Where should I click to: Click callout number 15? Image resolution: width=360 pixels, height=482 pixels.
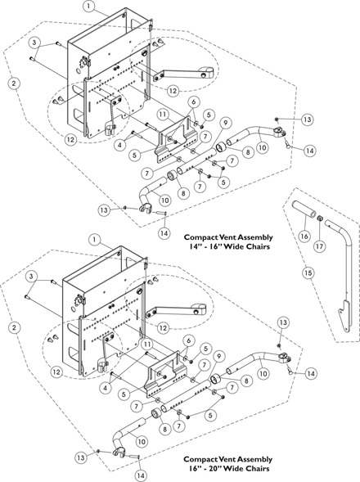(308, 273)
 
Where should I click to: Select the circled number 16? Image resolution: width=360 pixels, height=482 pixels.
(304, 236)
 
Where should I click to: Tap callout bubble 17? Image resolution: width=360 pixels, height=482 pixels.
(320, 246)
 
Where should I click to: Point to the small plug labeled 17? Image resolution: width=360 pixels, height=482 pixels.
(320, 218)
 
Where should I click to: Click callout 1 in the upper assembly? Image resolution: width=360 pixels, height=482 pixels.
(89, 7)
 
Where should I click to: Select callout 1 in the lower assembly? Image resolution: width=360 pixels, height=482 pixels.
(95, 240)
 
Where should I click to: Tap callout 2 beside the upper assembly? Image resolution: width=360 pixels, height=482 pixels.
(15, 83)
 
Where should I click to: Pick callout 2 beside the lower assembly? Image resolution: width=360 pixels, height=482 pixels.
(14, 327)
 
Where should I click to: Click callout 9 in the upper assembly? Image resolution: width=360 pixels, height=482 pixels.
(226, 123)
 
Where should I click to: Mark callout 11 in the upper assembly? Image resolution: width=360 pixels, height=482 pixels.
(164, 115)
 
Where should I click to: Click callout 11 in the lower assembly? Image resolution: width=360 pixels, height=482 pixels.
(148, 344)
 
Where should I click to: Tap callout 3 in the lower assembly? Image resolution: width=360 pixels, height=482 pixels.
(31, 277)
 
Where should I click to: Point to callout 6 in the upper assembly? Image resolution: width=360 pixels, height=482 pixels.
(194, 101)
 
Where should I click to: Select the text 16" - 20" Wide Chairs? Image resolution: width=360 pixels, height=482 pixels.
(229, 468)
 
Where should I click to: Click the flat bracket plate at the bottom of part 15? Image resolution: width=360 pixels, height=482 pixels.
(344, 315)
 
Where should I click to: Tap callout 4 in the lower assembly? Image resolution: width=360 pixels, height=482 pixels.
(106, 388)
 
